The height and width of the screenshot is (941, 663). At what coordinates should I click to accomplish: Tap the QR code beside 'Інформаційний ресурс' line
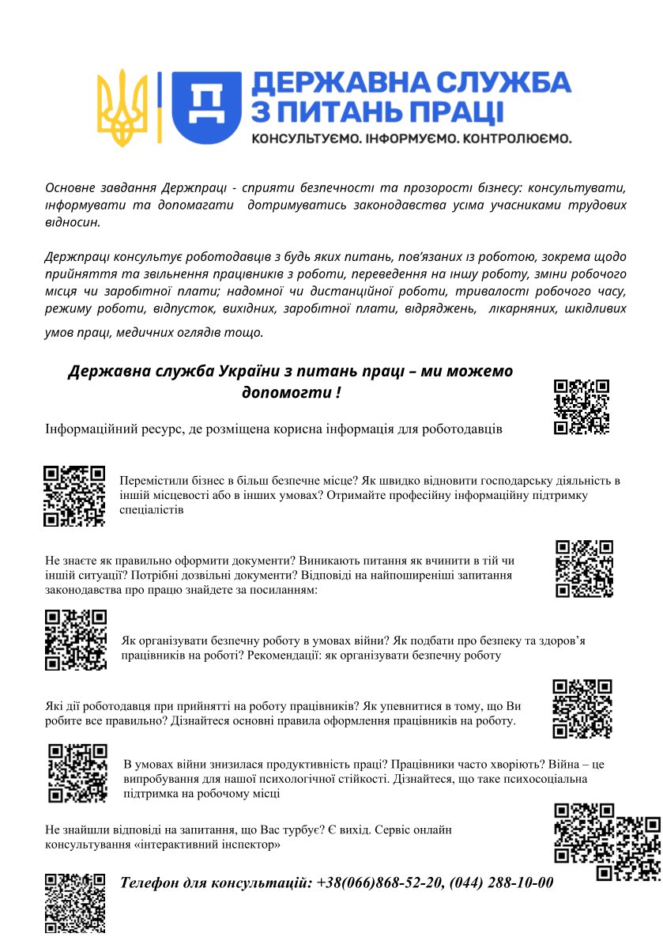pyautogui.click(x=582, y=406)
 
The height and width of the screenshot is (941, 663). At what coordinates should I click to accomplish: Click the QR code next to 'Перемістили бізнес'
pyautogui.click(x=74, y=496)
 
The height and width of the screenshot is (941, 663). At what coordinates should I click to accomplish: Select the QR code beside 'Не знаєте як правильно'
pyautogui.click(x=585, y=569)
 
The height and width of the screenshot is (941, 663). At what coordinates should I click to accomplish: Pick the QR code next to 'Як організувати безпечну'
pyautogui.click(x=76, y=640)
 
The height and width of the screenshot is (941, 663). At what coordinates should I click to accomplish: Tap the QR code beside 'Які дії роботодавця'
pyautogui.click(x=582, y=709)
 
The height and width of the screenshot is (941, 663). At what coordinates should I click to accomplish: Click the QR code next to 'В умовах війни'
pyautogui.click(x=77, y=773)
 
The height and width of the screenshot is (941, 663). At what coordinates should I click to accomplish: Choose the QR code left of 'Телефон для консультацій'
pyautogui.click(x=75, y=903)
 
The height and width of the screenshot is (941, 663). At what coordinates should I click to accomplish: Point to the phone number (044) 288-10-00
pyautogui.click(x=502, y=882)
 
